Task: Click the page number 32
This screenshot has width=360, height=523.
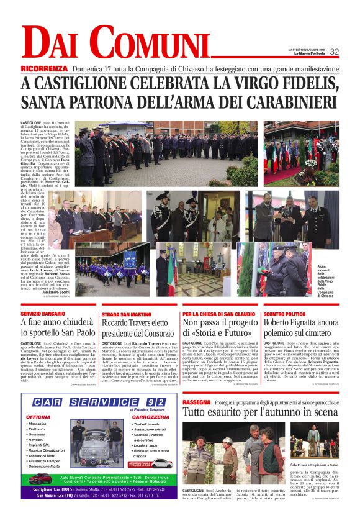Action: pyautogui.click(x=334, y=52)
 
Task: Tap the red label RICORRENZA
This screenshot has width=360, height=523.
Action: pyautogui.click(x=44, y=68)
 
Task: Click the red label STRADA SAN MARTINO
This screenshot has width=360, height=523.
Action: pyautogui.click(x=124, y=315)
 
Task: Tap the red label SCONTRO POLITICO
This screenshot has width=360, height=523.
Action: pyautogui.click(x=283, y=314)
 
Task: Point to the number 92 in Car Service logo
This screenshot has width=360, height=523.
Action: pyautogui.click(x=143, y=404)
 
